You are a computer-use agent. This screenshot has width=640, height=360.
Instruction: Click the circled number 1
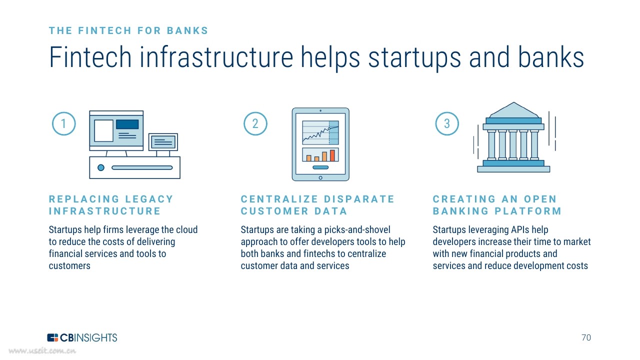(x=63, y=123)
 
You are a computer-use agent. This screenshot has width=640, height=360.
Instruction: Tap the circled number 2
(x=255, y=123)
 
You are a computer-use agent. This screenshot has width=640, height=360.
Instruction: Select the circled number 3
(x=447, y=123)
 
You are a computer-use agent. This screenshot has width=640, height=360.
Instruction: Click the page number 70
(x=586, y=337)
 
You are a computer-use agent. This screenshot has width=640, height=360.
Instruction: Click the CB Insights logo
(x=82, y=337)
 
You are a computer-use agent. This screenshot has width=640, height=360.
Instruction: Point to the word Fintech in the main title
(x=90, y=57)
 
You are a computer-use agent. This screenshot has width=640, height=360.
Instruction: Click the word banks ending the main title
(x=551, y=57)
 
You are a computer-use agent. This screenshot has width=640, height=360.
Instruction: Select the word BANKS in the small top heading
(x=187, y=30)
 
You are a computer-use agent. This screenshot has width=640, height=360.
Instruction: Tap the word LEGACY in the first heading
(x=149, y=199)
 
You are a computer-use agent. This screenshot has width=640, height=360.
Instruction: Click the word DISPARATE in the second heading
(x=359, y=199)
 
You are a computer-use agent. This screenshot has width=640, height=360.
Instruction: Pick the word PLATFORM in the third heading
(x=528, y=211)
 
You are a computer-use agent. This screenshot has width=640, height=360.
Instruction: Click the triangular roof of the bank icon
(x=513, y=110)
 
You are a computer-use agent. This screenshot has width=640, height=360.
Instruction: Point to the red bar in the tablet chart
(x=332, y=155)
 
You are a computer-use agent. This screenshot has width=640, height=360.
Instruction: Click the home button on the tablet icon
(x=320, y=177)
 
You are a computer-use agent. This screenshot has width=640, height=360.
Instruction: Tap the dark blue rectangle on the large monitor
(x=127, y=124)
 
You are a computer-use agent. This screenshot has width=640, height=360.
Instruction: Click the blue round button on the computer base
(x=101, y=167)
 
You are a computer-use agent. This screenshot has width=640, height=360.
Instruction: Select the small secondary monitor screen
(x=163, y=142)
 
